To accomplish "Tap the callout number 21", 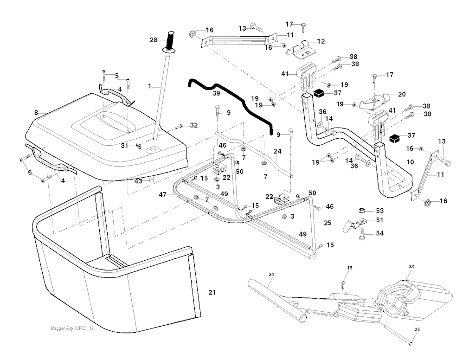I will (212, 293).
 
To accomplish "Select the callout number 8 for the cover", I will (36, 112).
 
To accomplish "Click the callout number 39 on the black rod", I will (216, 93).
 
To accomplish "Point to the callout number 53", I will (380, 211).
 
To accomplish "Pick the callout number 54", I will (380, 233).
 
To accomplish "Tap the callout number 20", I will (401, 94).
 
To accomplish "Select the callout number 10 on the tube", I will (410, 162).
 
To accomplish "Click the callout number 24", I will (277, 152).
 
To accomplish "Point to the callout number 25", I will (327, 223).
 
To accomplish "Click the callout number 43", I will (138, 181).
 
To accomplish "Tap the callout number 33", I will (411, 266).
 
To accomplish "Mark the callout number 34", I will (271, 275).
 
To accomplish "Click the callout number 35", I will (417, 329).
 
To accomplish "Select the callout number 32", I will (193, 125).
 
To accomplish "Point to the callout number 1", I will (150, 86).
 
